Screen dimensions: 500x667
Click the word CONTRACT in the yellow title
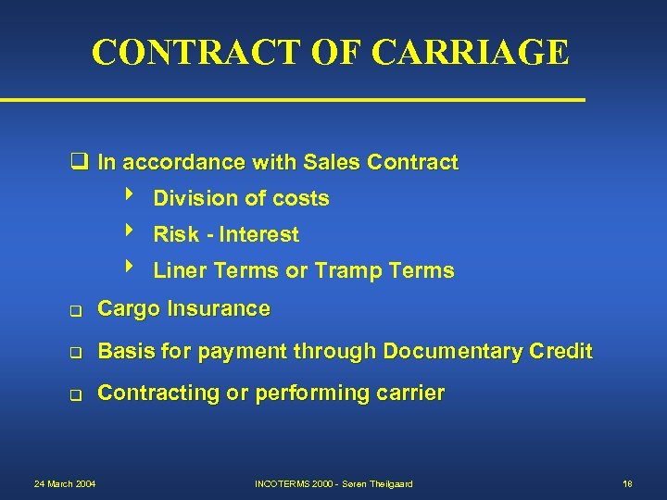tap(197, 53)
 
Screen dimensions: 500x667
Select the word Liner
tap(181, 271)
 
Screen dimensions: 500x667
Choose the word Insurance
tap(220, 309)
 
